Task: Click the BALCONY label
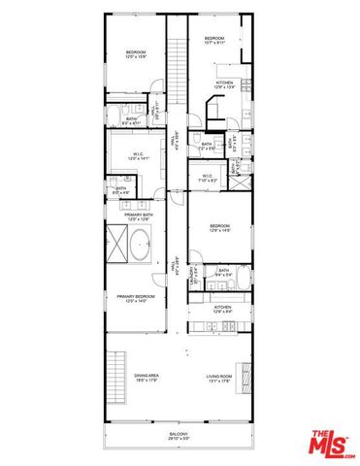tap(180, 435)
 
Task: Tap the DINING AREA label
tap(147, 378)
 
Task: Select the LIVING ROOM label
tap(218, 378)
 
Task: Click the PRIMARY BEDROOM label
tap(137, 297)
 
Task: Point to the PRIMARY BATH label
tap(135, 217)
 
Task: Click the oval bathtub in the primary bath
tap(141, 247)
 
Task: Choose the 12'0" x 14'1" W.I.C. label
tap(135, 157)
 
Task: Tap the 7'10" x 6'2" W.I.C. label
tap(208, 178)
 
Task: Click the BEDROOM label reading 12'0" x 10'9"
tap(135, 54)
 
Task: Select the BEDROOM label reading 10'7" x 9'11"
tap(214, 40)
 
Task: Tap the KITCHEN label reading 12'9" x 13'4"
tap(224, 85)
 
